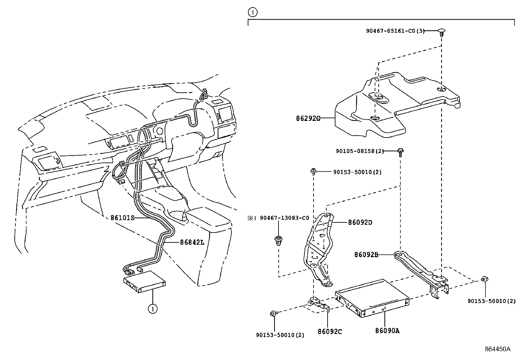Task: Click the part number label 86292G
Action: point(308,118)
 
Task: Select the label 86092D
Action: point(360,222)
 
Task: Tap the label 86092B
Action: point(366,254)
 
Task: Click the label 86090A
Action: point(387,331)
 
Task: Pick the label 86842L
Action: point(192,242)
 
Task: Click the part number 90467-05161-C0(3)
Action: point(395,31)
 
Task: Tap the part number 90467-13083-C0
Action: point(284,218)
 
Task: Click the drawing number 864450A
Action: point(497,349)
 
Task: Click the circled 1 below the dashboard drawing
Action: point(152,309)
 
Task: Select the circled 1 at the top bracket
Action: point(253,12)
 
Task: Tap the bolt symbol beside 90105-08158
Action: point(400,151)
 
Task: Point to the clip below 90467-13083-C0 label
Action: point(278,241)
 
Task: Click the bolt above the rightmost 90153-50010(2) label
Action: point(485,279)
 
